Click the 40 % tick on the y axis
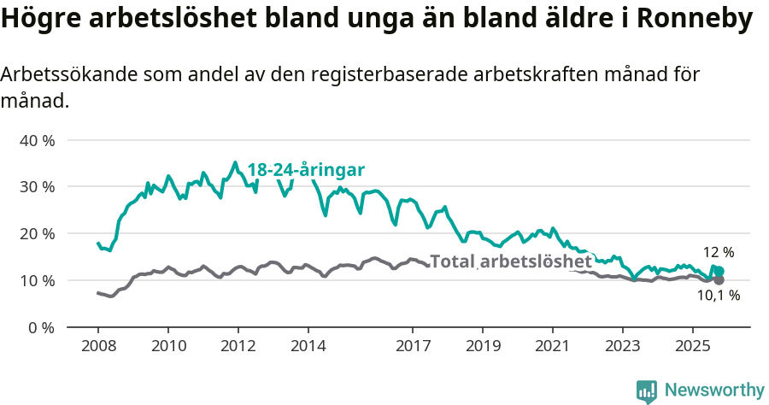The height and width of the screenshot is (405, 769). [x=37, y=140]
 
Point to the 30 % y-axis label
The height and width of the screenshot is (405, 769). [x=37, y=187]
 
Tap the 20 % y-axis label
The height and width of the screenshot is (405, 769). [x=37, y=234]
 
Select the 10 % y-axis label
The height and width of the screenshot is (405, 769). [x=37, y=281]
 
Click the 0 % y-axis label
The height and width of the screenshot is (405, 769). [x=40, y=328]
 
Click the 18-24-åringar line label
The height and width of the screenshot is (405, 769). [x=307, y=169]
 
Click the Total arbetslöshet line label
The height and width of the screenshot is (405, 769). [x=510, y=261]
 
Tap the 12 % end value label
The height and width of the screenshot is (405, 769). [x=718, y=253]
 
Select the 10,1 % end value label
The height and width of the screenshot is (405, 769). [x=718, y=296]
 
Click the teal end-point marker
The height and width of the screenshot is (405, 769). [x=719, y=271]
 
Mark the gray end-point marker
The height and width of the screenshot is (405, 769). [x=719, y=280]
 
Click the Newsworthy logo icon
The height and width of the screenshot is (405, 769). [x=647, y=390]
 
